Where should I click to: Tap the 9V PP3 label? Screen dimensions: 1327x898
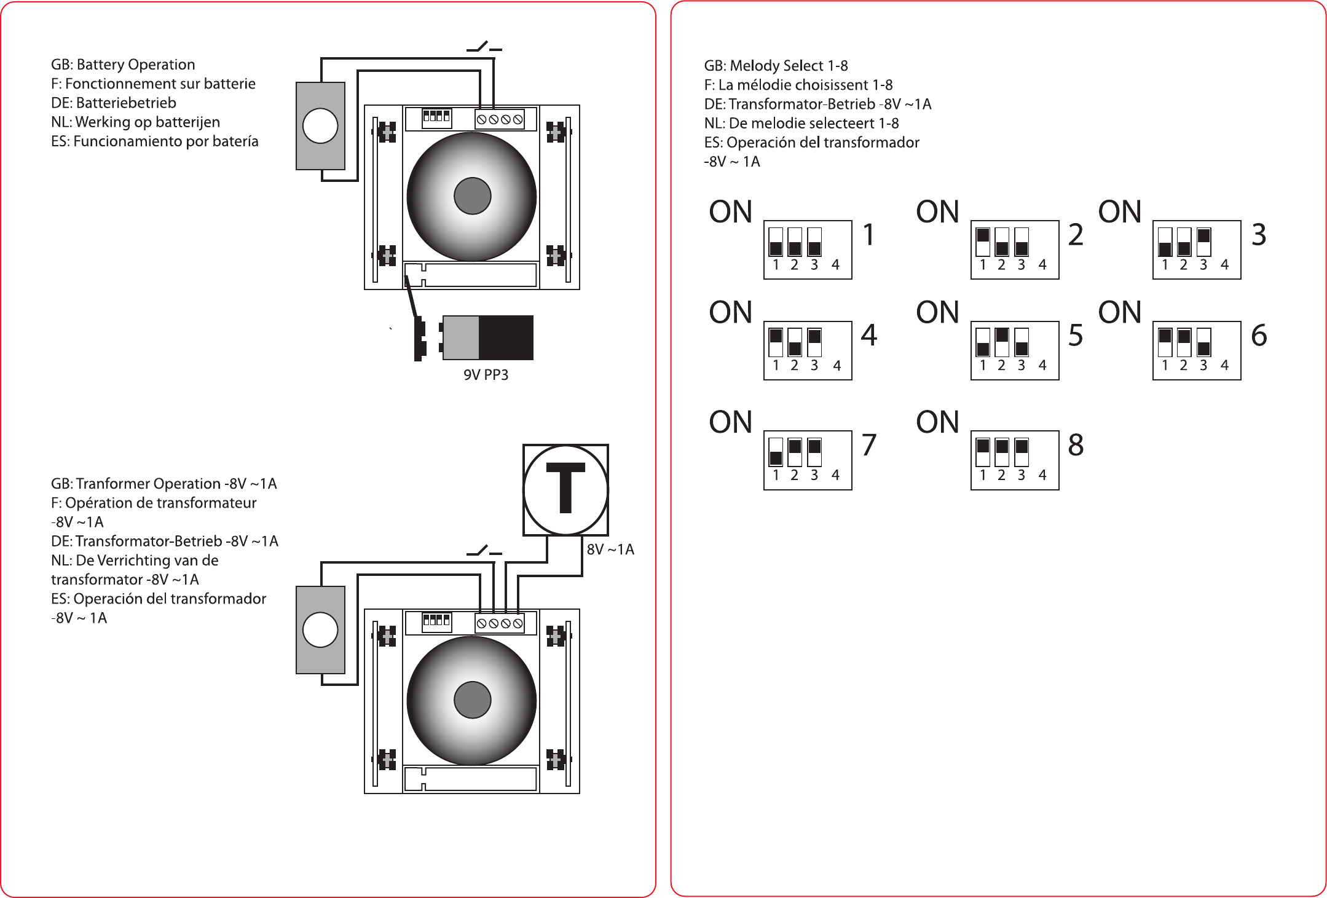486,375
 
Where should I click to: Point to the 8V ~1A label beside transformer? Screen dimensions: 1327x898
610,549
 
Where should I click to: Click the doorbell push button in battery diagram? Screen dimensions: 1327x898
320,125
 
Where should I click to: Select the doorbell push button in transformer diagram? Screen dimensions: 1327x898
320,629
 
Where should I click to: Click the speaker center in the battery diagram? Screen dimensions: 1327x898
472,196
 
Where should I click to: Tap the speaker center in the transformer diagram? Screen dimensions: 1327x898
472,700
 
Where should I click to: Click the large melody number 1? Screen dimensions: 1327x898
868,234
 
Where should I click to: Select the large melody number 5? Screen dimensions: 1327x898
1076,335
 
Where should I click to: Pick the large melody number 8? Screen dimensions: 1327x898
1076,444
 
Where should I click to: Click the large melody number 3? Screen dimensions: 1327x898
1259,234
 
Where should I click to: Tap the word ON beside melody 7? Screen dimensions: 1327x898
730,422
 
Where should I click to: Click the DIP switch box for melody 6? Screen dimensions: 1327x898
1197,350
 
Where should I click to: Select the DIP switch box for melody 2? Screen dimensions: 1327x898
1015,250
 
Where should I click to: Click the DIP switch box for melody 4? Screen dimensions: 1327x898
808,350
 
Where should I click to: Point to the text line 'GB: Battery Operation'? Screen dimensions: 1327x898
123,65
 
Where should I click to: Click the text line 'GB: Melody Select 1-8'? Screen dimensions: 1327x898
776,66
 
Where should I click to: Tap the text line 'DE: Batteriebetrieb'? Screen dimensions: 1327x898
114,103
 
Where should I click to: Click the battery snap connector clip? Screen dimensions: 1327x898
420,339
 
